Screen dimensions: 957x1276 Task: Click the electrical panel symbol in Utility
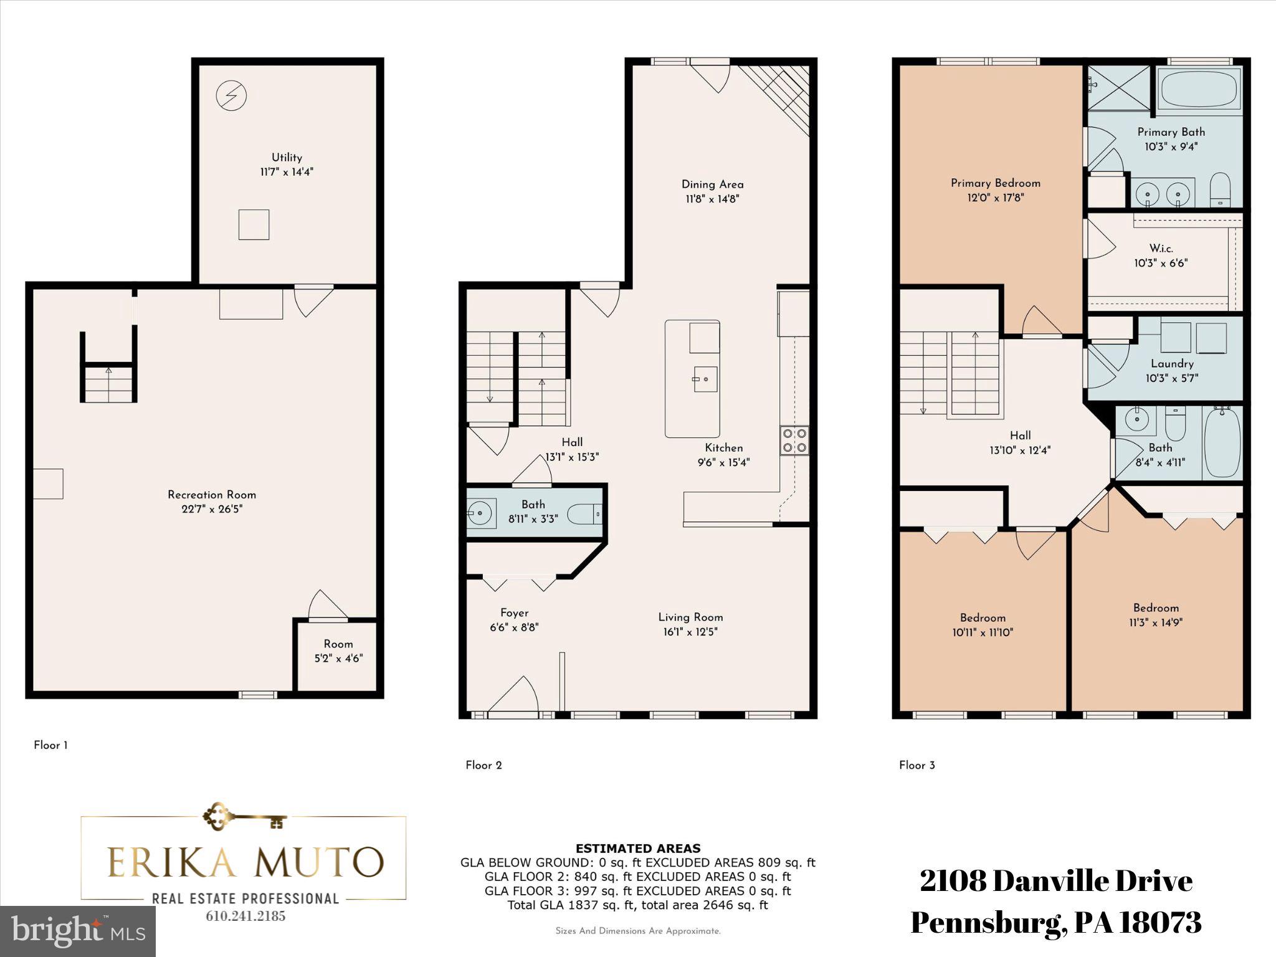click(231, 96)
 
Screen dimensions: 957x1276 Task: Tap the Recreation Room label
click(212, 495)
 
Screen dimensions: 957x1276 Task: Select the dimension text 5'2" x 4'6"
click(338, 659)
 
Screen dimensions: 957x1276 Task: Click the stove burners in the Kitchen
click(794, 440)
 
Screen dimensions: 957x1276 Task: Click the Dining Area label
click(712, 184)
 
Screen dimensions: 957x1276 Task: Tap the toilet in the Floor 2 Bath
click(584, 514)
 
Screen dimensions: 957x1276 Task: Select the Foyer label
click(514, 613)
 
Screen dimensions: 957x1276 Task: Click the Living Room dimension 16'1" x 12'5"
click(690, 632)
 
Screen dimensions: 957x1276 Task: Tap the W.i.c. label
click(1161, 248)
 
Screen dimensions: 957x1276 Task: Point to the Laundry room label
click(1172, 364)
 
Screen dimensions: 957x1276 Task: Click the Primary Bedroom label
click(995, 183)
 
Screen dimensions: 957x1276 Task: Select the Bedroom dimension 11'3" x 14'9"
click(1156, 622)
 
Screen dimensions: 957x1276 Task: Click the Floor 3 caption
click(917, 765)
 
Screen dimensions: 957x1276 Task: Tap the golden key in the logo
click(244, 817)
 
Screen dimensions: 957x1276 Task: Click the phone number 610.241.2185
click(245, 917)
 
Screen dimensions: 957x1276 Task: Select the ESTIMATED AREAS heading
click(637, 849)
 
